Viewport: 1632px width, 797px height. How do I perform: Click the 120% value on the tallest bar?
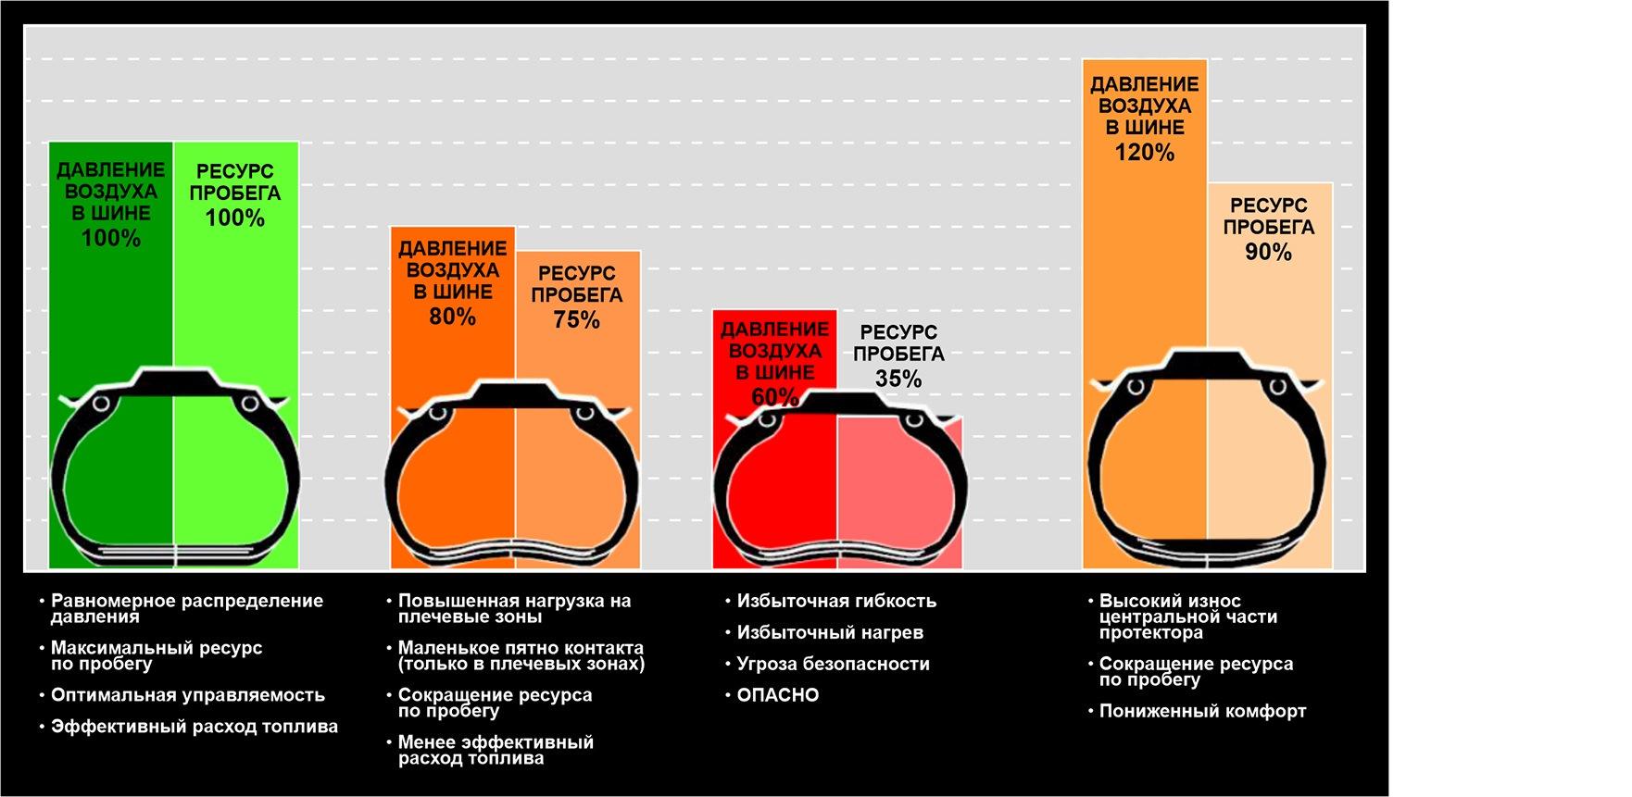tap(1144, 153)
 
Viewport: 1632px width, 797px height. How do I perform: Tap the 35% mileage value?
tap(898, 379)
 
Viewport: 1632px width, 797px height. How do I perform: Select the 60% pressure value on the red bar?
tap(774, 397)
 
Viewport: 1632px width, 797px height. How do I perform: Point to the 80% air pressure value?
tap(452, 317)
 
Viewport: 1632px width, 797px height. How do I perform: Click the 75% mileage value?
tap(576, 320)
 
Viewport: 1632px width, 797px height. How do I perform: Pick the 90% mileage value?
tap(1268, 252)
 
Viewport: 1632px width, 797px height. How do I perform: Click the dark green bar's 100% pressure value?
tap(111, 238)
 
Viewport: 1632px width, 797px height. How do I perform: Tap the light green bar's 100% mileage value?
tap(235, 218)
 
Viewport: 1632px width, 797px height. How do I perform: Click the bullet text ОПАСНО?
tap(777, 695)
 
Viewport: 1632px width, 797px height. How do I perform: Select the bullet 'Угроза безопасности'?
tap(833, 664)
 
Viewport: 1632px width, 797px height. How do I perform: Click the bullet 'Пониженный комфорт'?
tap(1202, 711)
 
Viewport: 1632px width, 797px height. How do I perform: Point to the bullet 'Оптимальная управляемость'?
tap(187, 695)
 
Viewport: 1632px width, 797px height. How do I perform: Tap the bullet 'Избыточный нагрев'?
tap(829, 633)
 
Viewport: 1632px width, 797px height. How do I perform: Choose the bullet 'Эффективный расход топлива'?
tap(194, 727)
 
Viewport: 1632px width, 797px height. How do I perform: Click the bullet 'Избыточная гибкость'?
tap(835, 602)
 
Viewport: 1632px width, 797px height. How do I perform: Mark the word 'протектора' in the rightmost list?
tap(1150, 633)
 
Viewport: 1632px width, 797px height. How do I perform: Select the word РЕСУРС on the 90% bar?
tap(1268, 205)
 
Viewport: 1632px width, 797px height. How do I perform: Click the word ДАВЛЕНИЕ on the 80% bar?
tap(452, 249)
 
